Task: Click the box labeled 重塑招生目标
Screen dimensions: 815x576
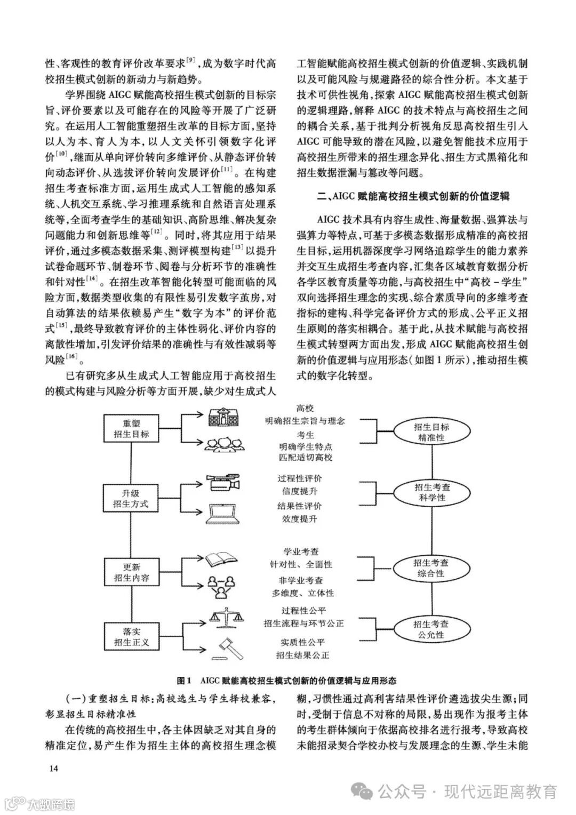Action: pos(131,428)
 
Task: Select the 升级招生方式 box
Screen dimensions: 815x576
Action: pos(131,498)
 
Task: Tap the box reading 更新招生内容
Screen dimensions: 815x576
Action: pos(131,572)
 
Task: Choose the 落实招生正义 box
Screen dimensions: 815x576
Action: pos(131,636)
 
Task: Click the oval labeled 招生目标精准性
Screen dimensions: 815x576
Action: pos(431,432)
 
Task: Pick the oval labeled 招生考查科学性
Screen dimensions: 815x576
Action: pos(431,492)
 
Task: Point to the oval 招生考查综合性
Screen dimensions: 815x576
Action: pos(431,568)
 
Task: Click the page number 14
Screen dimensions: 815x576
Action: pos(53,769)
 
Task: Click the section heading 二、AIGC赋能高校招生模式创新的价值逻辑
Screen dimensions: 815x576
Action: pos(412,197)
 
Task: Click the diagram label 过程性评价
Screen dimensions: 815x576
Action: pos(300,478)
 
